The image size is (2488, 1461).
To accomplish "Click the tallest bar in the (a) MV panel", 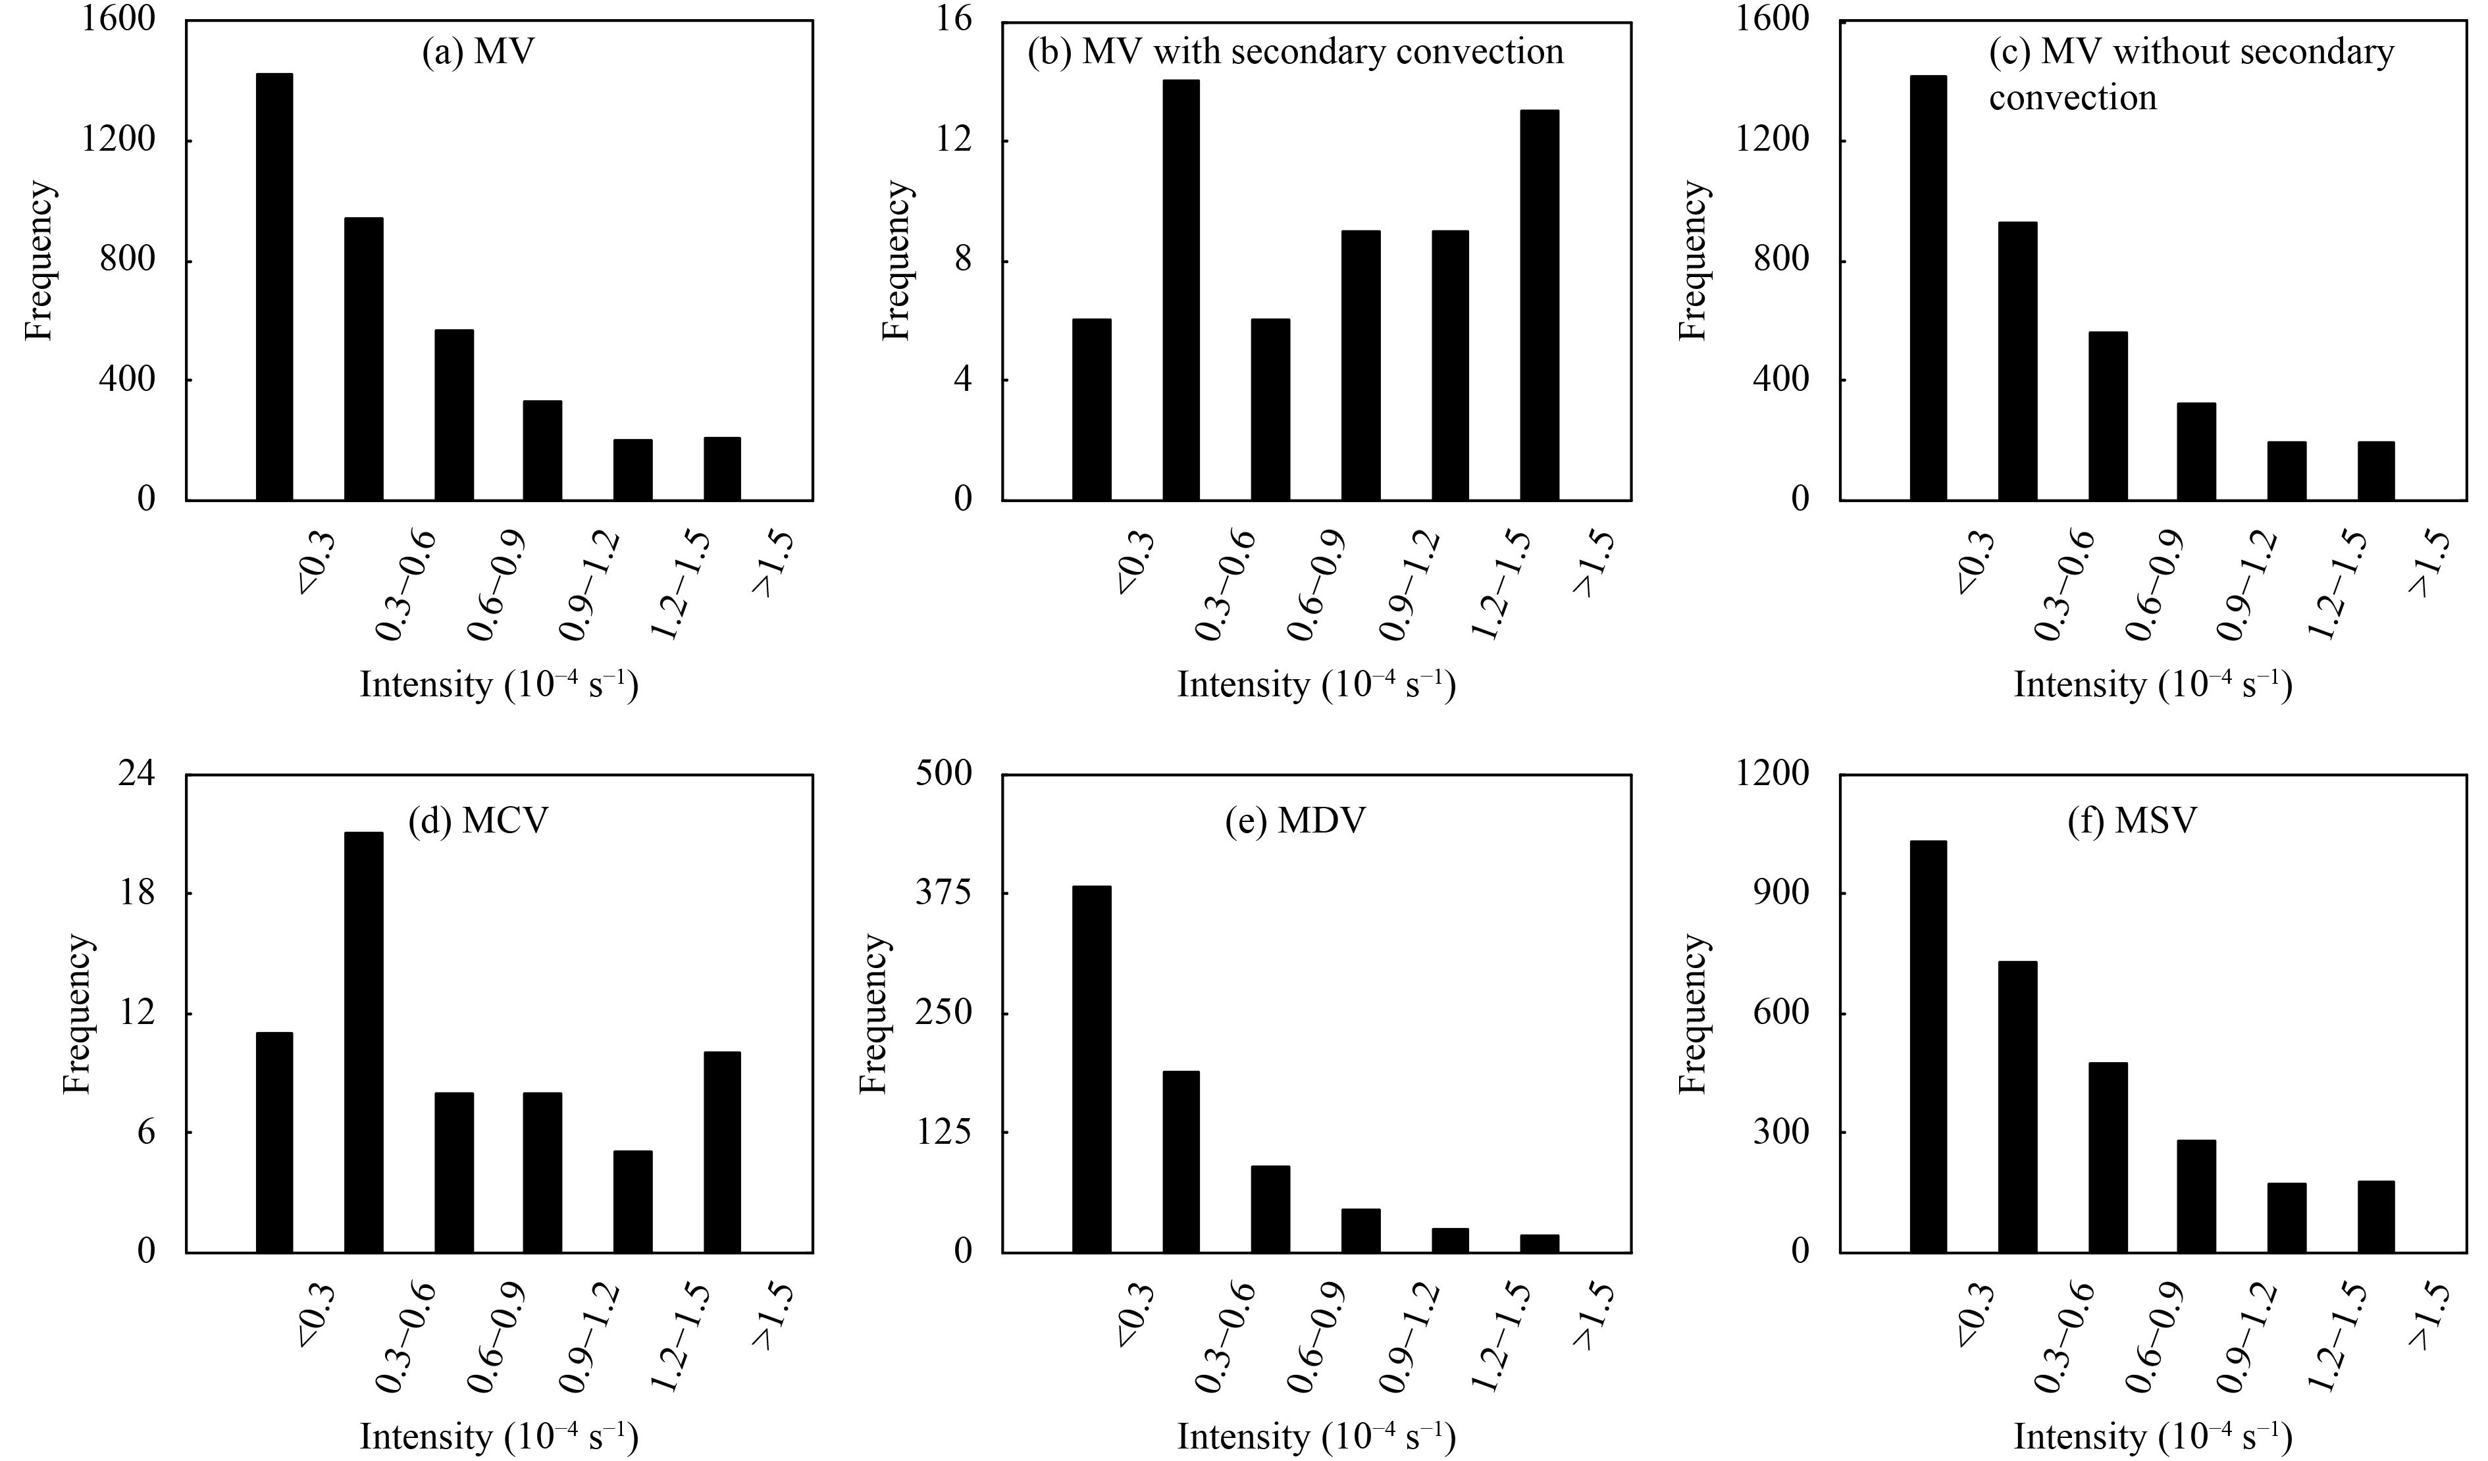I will [274, 286].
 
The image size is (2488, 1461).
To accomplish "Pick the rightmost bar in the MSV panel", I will [2375, 1216].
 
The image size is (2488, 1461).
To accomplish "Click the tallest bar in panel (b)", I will [1181, 290].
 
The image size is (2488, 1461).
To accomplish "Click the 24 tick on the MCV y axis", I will [136, 776].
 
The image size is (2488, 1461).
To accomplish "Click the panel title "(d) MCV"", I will [478, 820].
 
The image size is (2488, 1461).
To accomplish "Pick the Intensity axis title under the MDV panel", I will [1316, 1436].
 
